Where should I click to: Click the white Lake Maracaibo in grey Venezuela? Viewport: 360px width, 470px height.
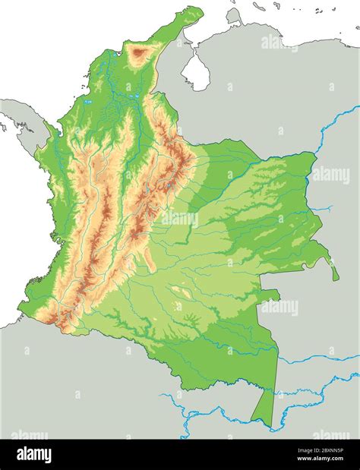(196, 72)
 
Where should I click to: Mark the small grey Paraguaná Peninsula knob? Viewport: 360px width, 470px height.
(234, 15)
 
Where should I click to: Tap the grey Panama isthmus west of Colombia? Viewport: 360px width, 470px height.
(19, 114)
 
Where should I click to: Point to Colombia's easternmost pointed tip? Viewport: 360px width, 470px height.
(336, 278)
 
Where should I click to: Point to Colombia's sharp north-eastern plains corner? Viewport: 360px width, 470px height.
(313, 153)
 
